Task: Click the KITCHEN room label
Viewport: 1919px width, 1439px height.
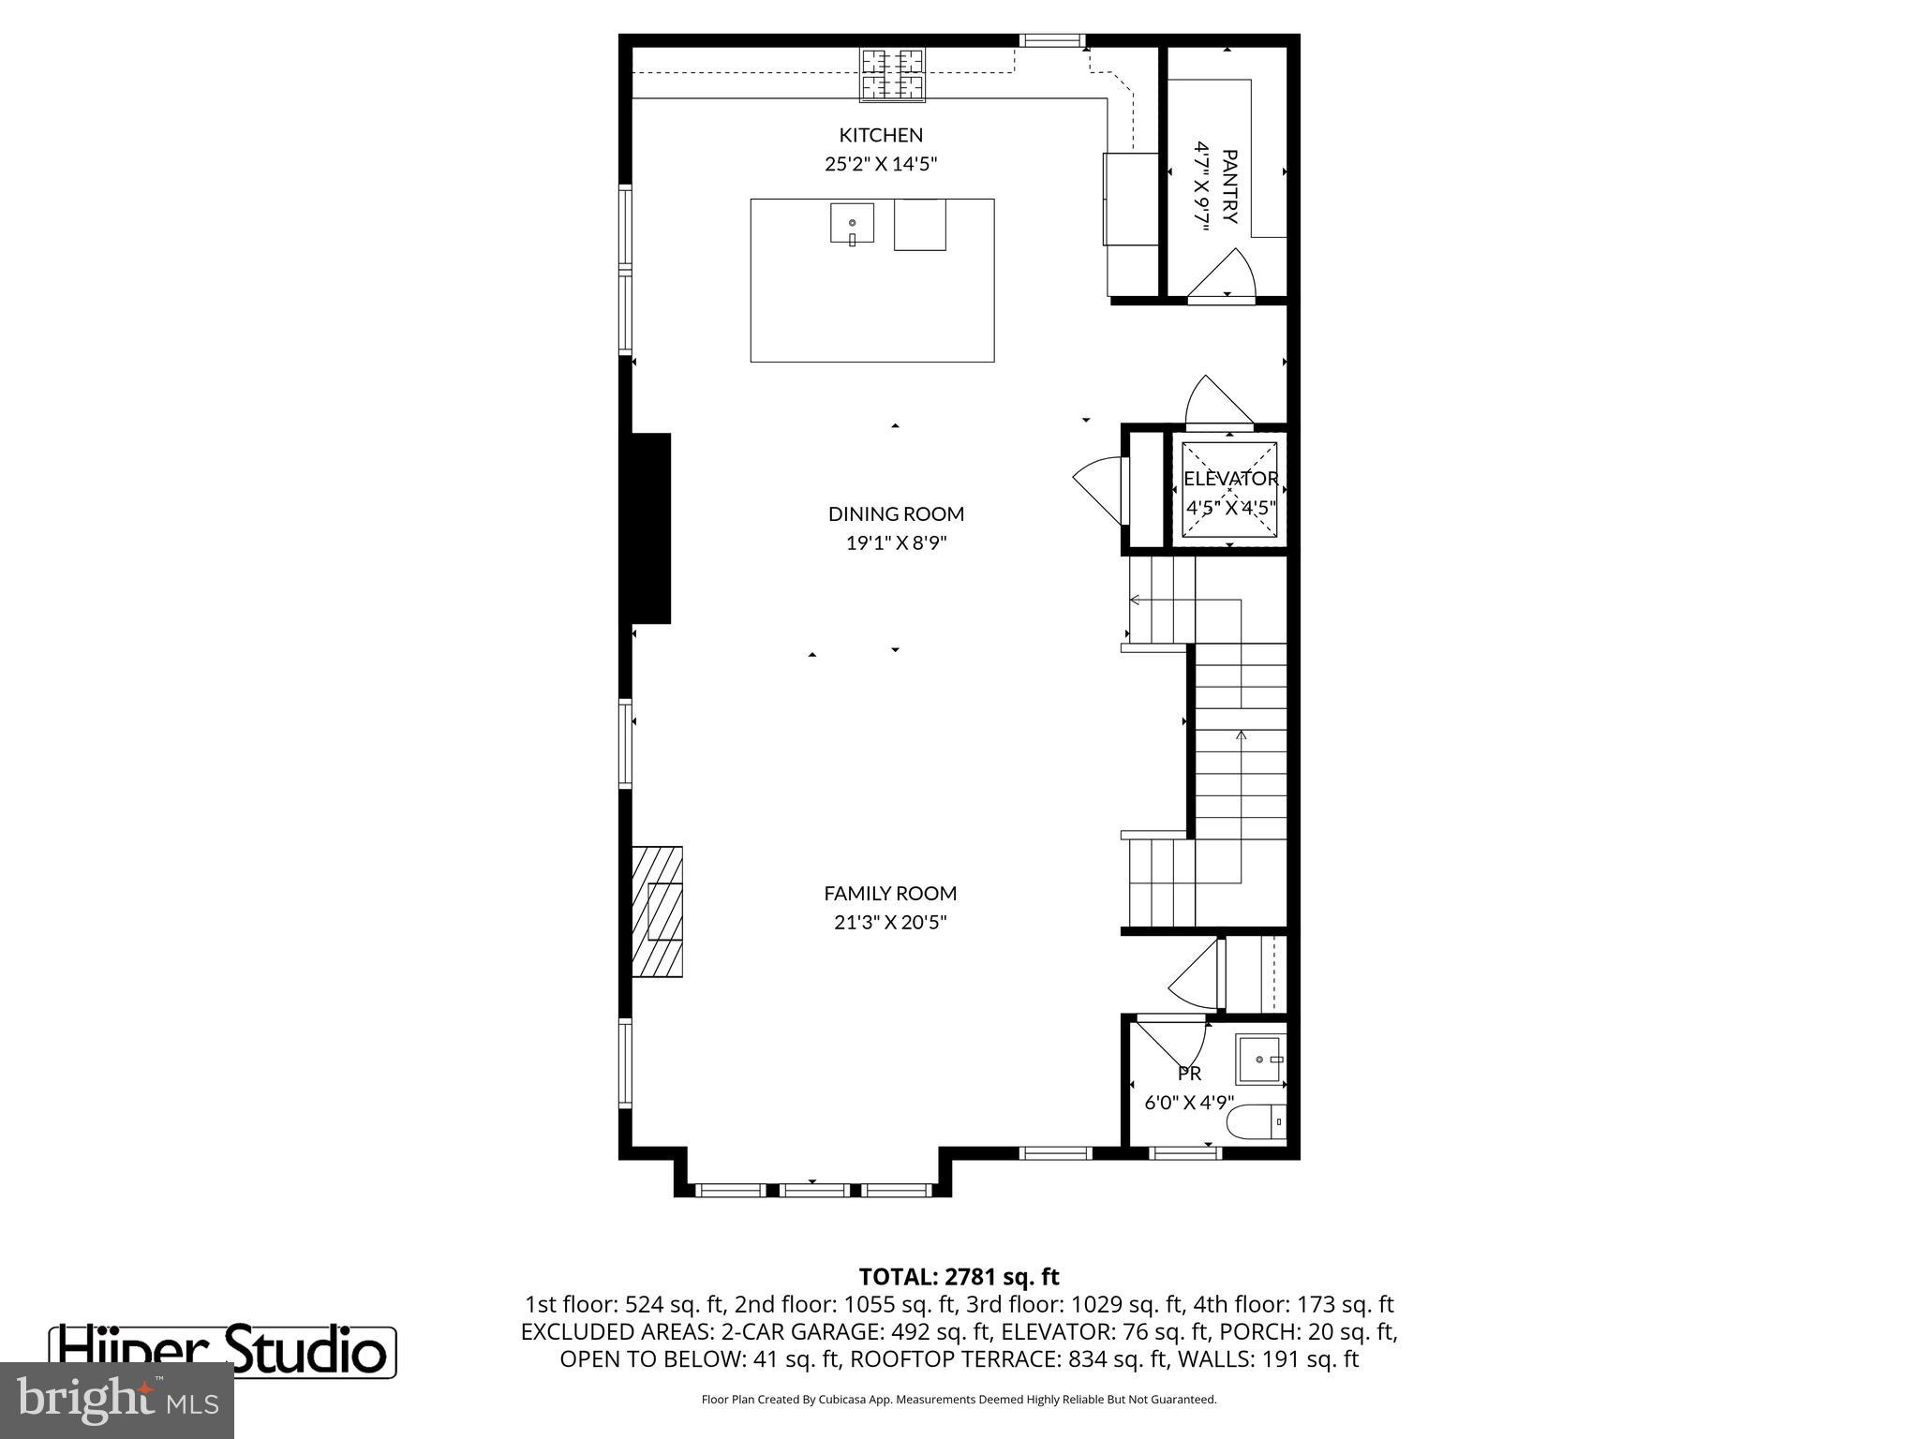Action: click(881, 135)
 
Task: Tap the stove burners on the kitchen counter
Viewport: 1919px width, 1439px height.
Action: click(893, 74)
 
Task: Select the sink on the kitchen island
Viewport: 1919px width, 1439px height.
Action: click(852, 223)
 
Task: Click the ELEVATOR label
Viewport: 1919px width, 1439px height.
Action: click(1230, 479)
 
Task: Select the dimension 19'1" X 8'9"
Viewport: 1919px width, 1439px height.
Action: click(896, 543)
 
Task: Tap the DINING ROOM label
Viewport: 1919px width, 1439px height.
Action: click(896, 513)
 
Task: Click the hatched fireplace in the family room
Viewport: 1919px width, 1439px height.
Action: click(656, 912)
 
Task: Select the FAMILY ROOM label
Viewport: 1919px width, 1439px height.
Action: click(890, 893)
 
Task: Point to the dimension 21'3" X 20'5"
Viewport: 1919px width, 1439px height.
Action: click(890, 923)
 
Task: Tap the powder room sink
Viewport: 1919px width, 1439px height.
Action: click(1259, 1059)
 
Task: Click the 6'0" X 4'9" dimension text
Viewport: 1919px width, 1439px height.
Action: click(1189, 1103)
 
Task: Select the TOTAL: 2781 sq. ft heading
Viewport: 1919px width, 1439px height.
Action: click(959, 1276)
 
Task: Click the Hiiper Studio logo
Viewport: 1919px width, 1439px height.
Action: click(222, 1350)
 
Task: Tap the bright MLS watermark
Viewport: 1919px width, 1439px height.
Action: click(117, 1401)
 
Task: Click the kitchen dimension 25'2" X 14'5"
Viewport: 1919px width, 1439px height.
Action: click(881, 164)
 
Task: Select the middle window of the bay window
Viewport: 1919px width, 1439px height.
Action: click(813, 1190)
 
